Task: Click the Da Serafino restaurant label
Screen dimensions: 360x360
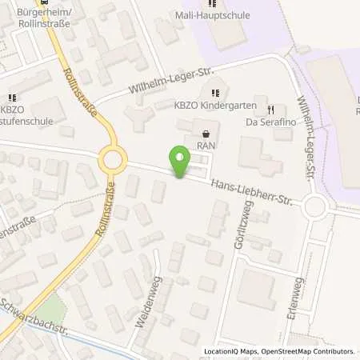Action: point(266,123)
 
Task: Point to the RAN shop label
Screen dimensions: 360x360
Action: point(207,146)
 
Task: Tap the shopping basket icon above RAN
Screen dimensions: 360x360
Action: point(207,134)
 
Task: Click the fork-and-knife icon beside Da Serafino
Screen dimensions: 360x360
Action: point(271,110)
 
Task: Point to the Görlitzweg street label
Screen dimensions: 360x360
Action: point(238,230)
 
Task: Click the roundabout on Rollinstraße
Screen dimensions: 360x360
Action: point(113,161)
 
